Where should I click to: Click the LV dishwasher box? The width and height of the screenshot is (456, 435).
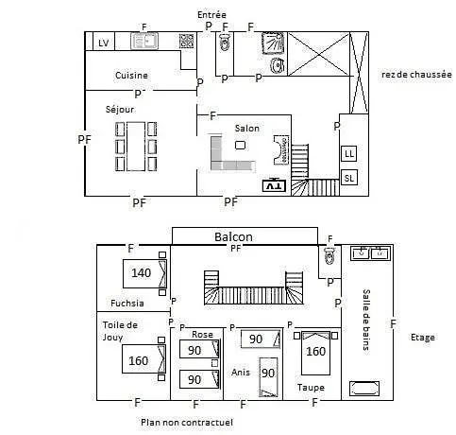click(x=104, y=42)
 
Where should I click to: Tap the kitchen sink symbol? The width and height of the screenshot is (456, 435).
click(x=144, y=41)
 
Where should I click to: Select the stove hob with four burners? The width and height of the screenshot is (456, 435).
click(x=186, y=41)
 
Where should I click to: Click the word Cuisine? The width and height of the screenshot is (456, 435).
click(x=131, y=76)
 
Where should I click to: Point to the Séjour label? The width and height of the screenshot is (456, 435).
click(x=120, y=110)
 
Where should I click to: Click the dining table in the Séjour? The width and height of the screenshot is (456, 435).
click(x=136, y=147)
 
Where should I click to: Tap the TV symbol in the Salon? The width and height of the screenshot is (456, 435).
click(x=274, y=185)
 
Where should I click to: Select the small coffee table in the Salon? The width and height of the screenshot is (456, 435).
click(x=240, y=145)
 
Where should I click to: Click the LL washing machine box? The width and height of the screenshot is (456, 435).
click(x=349, y=154)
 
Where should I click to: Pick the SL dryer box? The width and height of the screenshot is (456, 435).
click(x=349, y=178)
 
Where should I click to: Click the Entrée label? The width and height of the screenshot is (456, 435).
click(x=211, y=15)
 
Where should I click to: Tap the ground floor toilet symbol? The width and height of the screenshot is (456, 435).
click(x=225, y=43)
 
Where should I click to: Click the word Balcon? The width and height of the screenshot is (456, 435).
click(x=233, y=236)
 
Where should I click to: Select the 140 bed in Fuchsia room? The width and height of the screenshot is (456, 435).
click(x=144, y=273)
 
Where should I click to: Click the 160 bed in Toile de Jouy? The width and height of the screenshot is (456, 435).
click(x=144, y=359)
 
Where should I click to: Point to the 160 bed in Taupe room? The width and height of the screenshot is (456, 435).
click(x=315, y=353)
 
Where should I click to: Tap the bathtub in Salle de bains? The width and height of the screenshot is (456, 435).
click(x=364, y=389)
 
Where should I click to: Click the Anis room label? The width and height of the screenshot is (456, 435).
click(x=241, y=373)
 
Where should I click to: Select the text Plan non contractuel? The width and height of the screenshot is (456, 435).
click(x=187, y=422)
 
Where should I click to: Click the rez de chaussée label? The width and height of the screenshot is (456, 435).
click(x=416, y=75)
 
